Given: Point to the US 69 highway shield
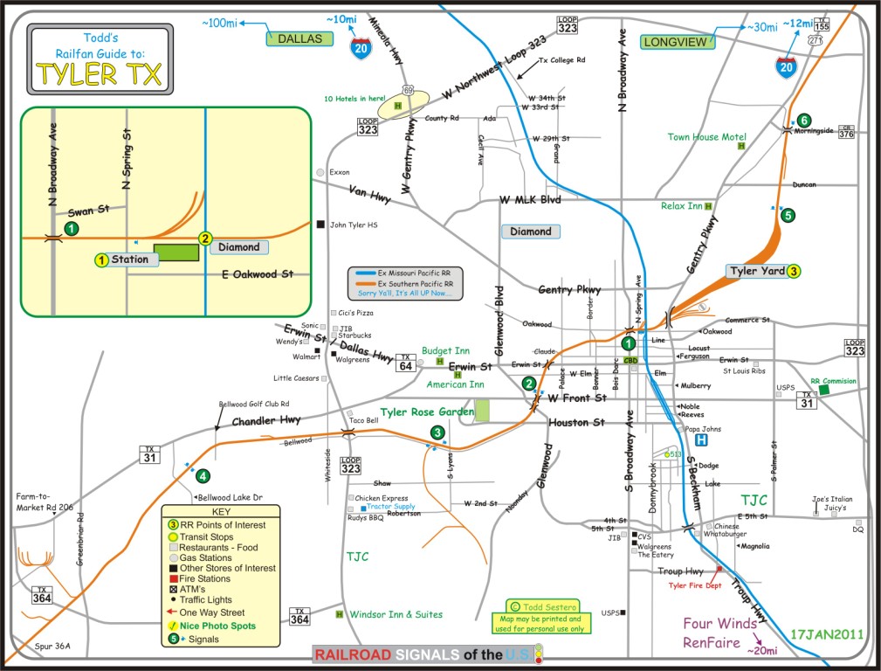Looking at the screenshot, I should click(409, 90).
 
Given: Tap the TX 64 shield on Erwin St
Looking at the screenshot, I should click(404, 361).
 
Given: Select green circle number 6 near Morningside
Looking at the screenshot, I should click(803, 121).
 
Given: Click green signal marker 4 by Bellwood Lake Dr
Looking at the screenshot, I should click(203, 476).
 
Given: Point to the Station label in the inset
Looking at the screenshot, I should click(129, 259).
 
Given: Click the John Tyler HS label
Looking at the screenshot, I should click(354, 225).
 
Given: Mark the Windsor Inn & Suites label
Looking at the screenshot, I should click(396, 614).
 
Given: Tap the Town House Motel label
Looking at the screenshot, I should click(706, 137).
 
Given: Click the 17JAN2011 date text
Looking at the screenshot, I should click(825, 632).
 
